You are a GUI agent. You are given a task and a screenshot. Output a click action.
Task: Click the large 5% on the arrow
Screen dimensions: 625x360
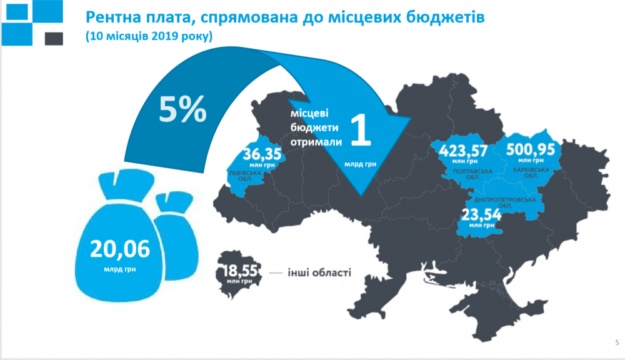click(182, 110)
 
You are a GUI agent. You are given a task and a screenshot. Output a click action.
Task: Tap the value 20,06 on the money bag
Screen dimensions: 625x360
click(121, 249)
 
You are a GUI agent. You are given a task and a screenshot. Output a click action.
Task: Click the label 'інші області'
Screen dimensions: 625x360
click(319, 272)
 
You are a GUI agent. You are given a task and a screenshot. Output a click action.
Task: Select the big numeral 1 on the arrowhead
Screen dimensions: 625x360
click(359, 130)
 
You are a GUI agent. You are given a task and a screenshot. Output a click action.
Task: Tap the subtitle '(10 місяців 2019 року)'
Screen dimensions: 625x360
click(149, 37)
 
